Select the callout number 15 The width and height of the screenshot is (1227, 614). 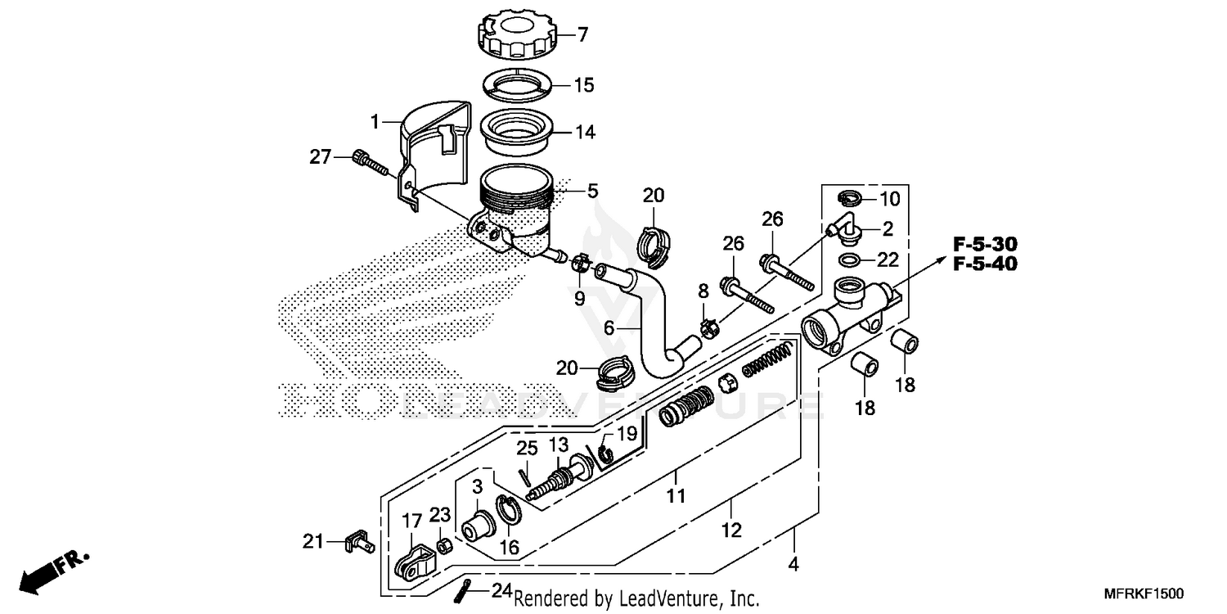pos(584,85)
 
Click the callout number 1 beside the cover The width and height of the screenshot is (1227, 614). pos(375,122)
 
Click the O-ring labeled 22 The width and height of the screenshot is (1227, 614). pos(850,260)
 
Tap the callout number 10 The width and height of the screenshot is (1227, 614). pos(889,198)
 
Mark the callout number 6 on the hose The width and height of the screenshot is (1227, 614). pos(609,327)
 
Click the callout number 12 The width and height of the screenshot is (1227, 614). pos(730,530)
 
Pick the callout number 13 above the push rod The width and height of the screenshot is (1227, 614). pos(558,445)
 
